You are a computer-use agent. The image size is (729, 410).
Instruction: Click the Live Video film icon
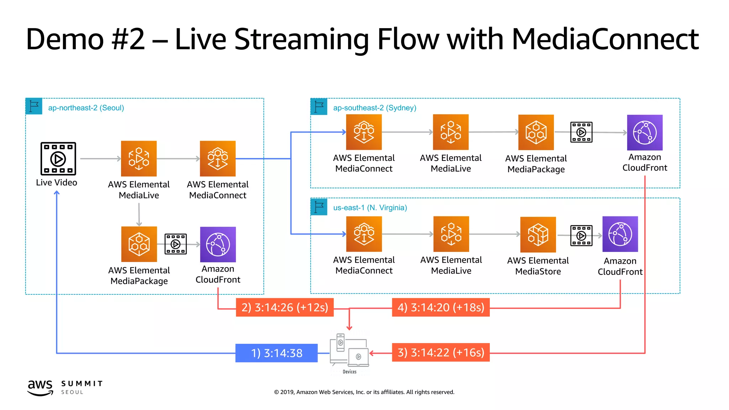point(58,159)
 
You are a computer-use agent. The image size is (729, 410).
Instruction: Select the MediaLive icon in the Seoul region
point(139,159)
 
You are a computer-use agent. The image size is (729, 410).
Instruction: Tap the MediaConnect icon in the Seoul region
point(217,159)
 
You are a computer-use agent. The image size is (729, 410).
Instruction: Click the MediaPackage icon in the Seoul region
point(139,244)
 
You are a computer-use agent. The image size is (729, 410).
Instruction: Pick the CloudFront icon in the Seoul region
point(218,245)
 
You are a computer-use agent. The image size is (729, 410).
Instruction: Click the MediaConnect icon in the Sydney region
point(364,132)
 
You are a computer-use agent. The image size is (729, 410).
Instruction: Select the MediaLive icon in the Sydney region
point(451,132)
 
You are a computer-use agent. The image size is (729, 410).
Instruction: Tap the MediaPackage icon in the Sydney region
point(536,132)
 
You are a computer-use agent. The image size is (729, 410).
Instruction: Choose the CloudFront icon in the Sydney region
point(645,132)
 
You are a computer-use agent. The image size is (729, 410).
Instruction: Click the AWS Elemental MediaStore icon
point(538,235)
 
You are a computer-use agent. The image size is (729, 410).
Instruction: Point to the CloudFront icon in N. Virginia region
point(620,234)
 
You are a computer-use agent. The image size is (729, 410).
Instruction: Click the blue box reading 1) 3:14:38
point(277,353)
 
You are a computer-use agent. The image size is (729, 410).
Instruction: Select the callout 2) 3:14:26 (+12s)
point(285,307)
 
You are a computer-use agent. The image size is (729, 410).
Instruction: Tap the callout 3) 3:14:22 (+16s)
point(441,352)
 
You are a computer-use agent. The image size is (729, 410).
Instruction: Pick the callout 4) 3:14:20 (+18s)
point(441,307)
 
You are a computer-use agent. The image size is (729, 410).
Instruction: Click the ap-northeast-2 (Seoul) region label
point(86,108)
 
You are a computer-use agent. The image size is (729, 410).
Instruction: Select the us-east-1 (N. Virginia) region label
point(370,207)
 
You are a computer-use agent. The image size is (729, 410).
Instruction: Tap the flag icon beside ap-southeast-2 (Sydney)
point(319,106)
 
